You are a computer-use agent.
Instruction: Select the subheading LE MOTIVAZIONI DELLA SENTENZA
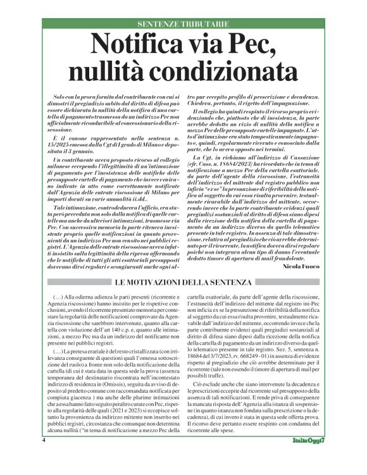(x=183, y=281)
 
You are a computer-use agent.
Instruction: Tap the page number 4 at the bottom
(x=44, y=457)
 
